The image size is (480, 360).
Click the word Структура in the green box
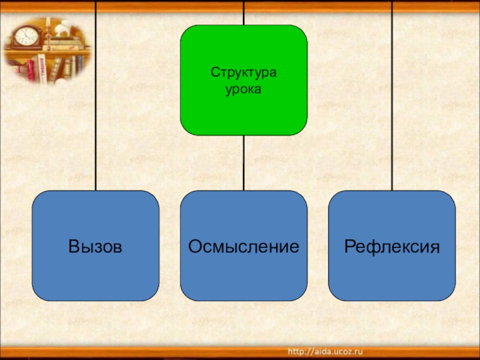pyautogui.click(x=244, y=73)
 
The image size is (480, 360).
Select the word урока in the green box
pyautogui.click(x=244, y=88)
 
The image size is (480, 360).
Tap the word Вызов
pyautogui.click(x=95, y=246)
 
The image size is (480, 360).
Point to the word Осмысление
pyautogui.click(x=244, y=246)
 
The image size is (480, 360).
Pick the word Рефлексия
pyautogui.click(x=392, y=246)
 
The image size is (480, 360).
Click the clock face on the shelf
pyautogui.click(x=25, y=36)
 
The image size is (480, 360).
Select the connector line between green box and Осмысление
pyautogui.click(x=244, y=162)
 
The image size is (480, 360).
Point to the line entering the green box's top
pyautogui.click(x=244, y=12)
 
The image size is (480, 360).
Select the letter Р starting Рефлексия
pyautogui.click(x=349, y=246)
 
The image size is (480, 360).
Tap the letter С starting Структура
pyautogui.click(x=214, y=73)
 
